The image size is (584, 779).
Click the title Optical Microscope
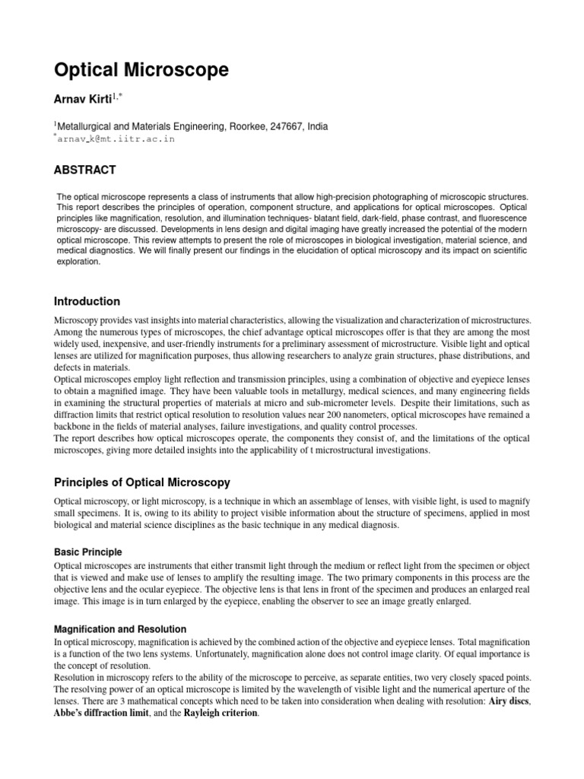[141, 71]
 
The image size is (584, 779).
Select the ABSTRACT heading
[85, 169]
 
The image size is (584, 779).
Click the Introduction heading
[87, 302]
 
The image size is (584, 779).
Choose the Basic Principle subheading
[87, 552]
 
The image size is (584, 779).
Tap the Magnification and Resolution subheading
[119, 629]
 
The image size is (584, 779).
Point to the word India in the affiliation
[316, 126]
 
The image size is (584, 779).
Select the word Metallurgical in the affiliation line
[88, 126]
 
